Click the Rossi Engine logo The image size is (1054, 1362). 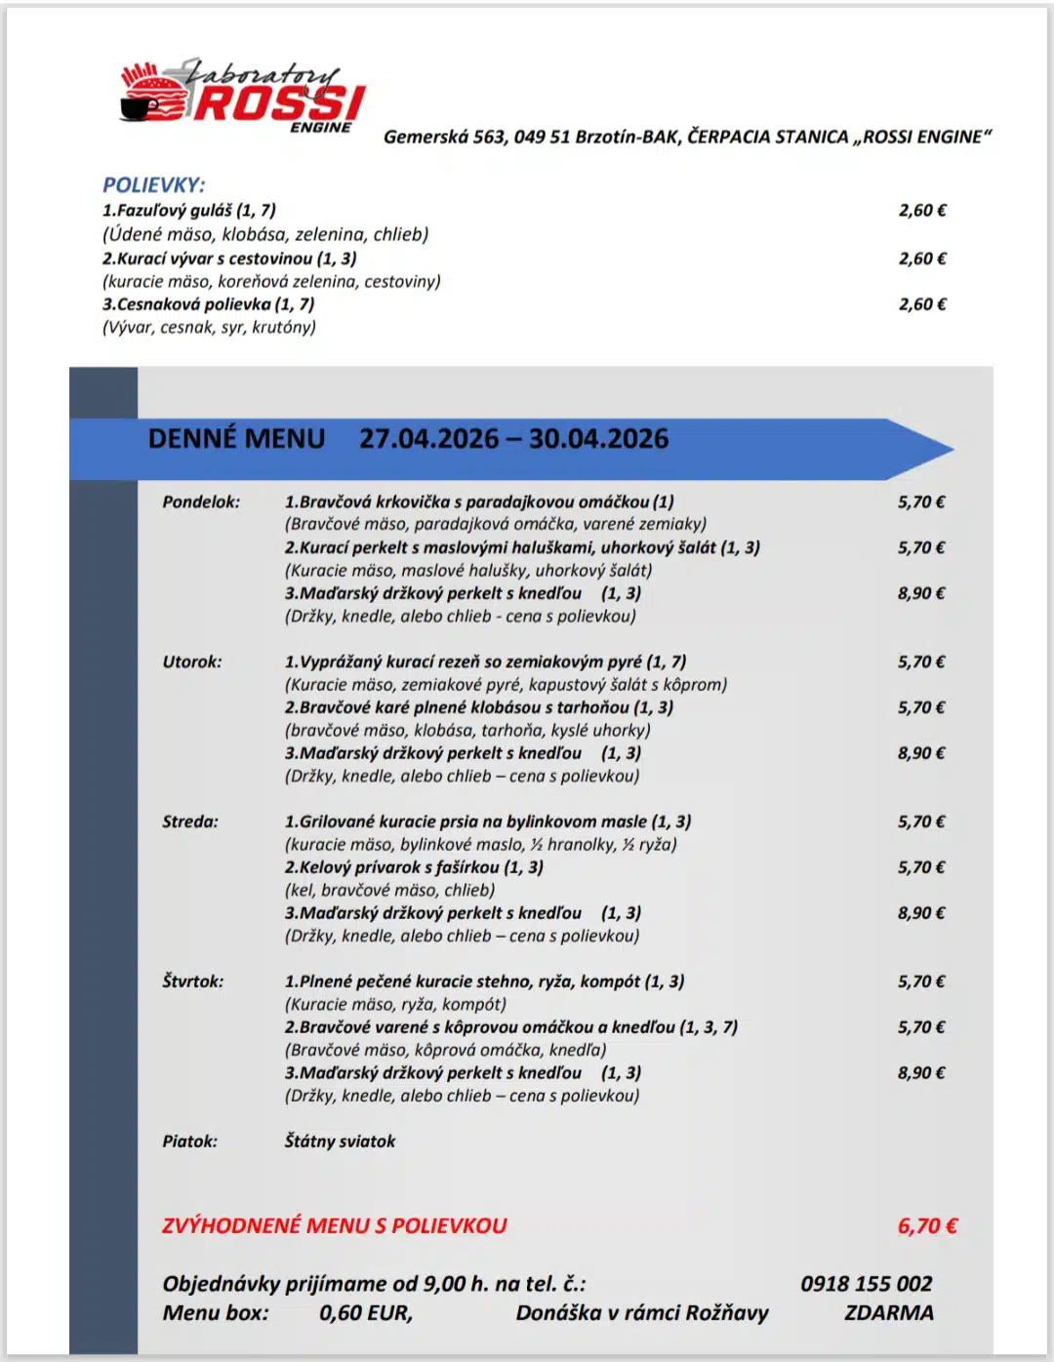pyautogui.click(x=242, y=96)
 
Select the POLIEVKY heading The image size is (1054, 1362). pyautogui.click(x=154, y=184)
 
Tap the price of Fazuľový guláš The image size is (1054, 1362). pyautogui.click(x=922, y=210)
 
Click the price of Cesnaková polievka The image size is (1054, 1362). pyautogui.click(x=922, y=304)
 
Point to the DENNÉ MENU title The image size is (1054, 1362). pyautogui.click(x=236, y=439)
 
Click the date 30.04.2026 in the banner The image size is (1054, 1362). pyautogui.click(x=598, y=439)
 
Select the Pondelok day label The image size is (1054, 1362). pyautogui.click(x=201, y=502)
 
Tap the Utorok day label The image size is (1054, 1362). pyautogui.click(x=192, y=661)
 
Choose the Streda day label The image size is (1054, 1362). pyautogui.click(x=190, y=821)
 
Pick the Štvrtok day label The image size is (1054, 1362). pyautogui.click(x=193, y=981)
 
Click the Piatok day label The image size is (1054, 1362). pyautogui.click(x=190, y=1142)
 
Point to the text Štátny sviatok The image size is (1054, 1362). pyautogui.click(x=340, y=1142)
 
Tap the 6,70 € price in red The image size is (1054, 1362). pyautogui.click(x=927, y=1226)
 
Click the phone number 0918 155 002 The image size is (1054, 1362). pyautogui.click(x=866, y=1284)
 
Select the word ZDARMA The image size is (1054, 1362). pyautogui.click(x=888, y=1313)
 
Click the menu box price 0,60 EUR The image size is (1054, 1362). pyautogui.click(x=365, y=1313)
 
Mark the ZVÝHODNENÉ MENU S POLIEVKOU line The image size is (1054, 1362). pyautogui.click(x=335, y=1226)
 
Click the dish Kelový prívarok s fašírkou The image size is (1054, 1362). pyautogui.click(x=414, y=867)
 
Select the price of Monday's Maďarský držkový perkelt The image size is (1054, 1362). pyautogui.click(x=921, y=593)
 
